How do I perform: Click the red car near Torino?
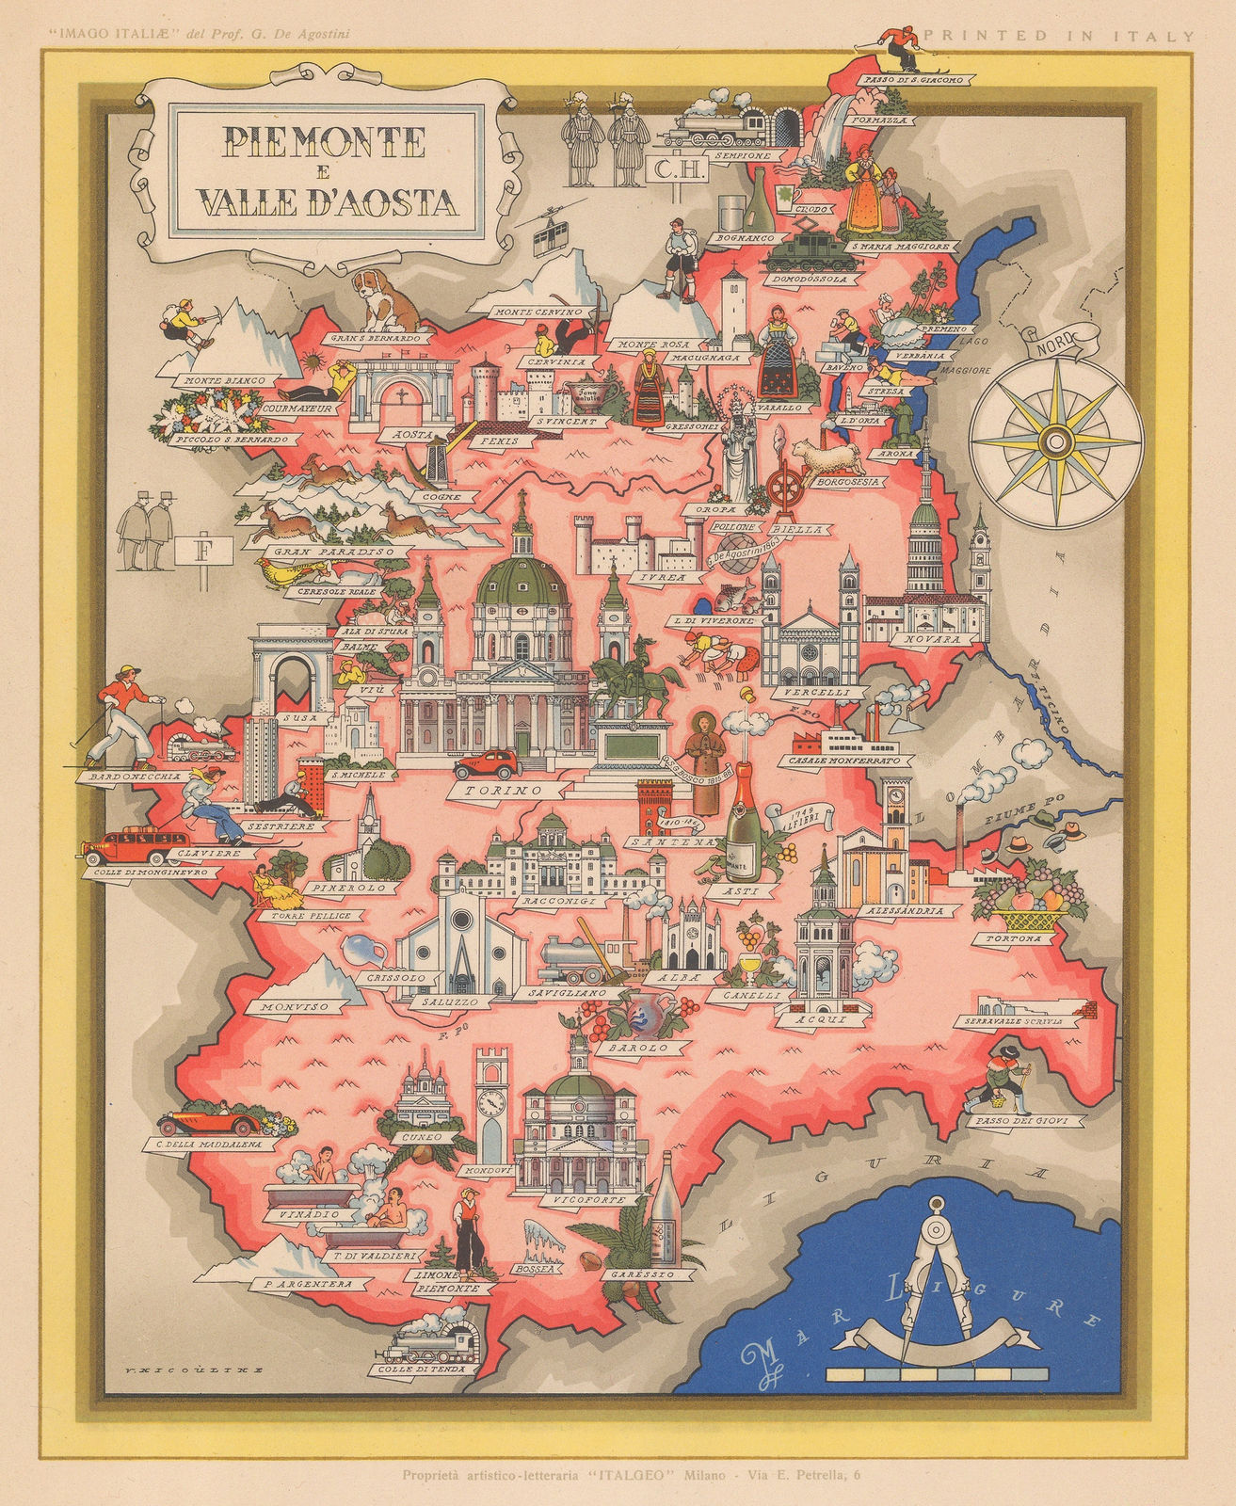pyautogui.click(x=484, y=762)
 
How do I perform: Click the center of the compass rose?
pyautogui.click(x=1055, y=439)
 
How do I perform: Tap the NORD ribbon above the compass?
pyautogui.click(x=1054, y=341)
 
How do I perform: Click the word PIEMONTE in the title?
pyautogui.click(x=324, y=142)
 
